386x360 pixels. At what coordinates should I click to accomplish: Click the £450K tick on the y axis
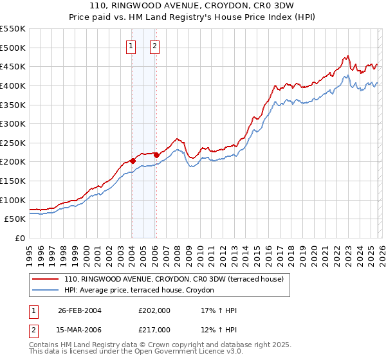pyautogui.click(x=13, y=66)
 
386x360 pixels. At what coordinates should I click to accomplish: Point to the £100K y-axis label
pyautogui.click(x=13, y=200)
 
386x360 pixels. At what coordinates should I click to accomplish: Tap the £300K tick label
pyautogui.click(x=13, y=123)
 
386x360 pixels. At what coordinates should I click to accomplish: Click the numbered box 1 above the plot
pyautogui.click(x=131, y=46)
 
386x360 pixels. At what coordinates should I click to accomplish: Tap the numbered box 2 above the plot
pyautogui.click(x=156, y=46)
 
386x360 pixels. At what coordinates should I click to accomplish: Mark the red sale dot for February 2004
pyautogui.click(x=133, y=161)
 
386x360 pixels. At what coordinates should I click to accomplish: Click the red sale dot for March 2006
pyautogui.click(x=156, y=155)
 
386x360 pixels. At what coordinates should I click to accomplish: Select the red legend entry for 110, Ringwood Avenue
pyautogui.click(x=178, y=279)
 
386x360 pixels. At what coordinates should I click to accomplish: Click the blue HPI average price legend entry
pyautogui.click(x=143, y=291)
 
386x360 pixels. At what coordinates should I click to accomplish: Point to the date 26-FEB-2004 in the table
pyautogui.click(x=80, y=310)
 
